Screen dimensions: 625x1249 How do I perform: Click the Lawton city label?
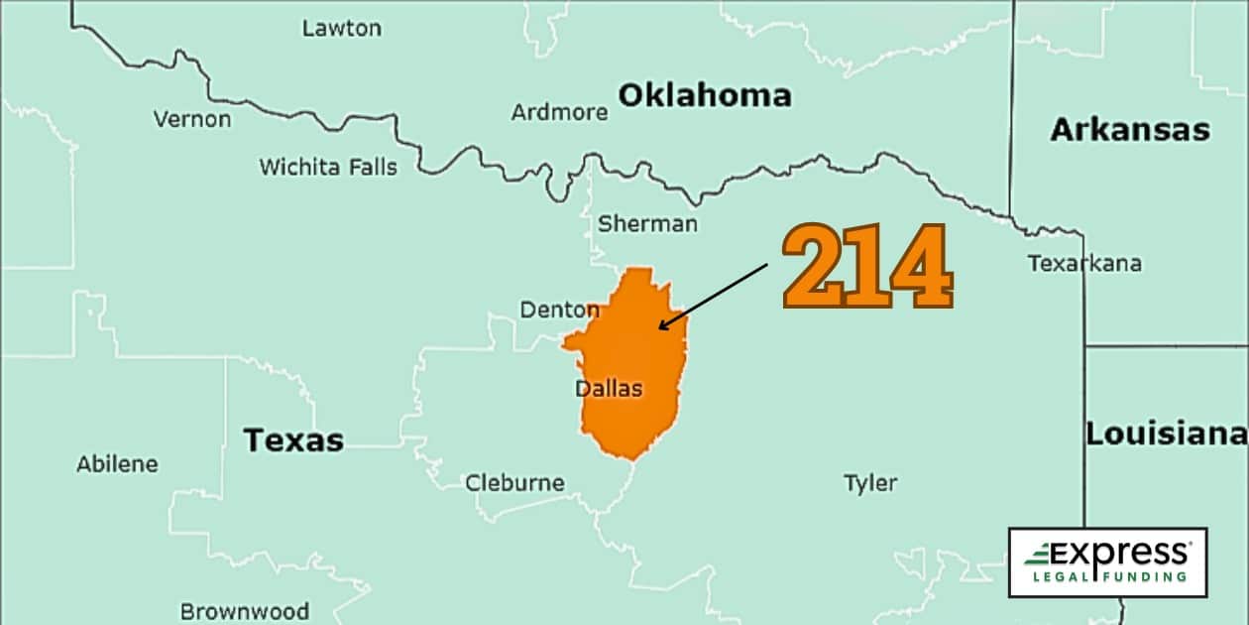[341, 28]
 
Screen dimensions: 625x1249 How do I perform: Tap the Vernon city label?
[191, 119]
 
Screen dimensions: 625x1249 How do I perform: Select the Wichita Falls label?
[328, 167]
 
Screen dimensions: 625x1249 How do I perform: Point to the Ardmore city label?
[559, 112]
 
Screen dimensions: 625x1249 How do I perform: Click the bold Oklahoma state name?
[705, 95]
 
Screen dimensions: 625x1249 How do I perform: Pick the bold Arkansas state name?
[1130, 130]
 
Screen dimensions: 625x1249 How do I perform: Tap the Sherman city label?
[647, 224]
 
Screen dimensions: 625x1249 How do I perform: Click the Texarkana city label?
[1083, 264]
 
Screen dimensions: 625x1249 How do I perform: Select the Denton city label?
[559, 311]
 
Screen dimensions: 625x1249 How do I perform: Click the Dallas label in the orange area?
[609, 389]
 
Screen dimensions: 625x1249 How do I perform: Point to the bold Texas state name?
[293, 439]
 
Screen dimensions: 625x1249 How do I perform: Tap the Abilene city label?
[117, 463]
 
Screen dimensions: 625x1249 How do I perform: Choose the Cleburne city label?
[514, 483]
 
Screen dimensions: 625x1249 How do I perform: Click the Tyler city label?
[870, 483]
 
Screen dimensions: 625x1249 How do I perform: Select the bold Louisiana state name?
[1165, 434]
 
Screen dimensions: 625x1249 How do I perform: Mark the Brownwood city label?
[244, 611]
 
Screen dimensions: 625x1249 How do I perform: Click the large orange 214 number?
[867, 266]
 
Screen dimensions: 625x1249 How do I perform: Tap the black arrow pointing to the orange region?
[713, 296]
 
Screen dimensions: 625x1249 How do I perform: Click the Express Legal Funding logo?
[1106, 562]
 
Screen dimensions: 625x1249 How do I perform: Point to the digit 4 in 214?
[921, 266]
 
